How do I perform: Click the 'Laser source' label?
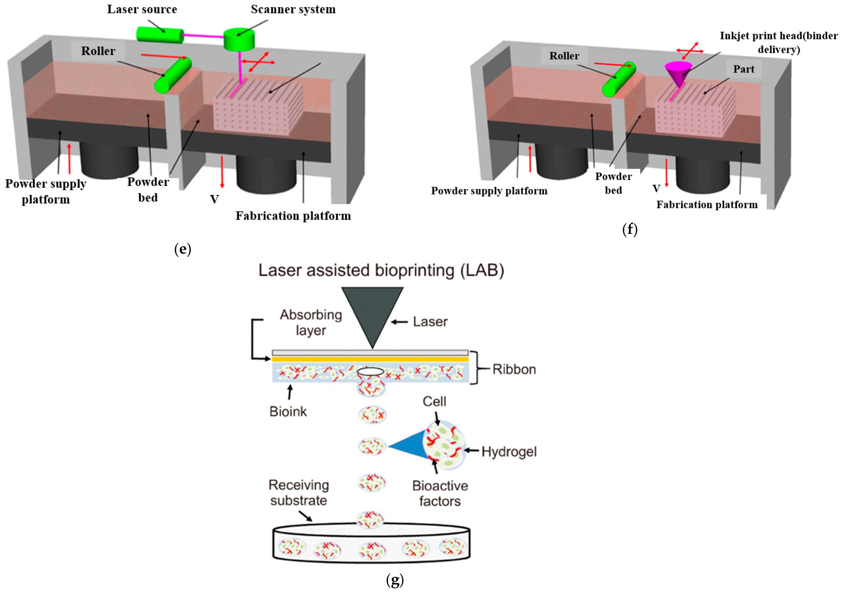point(142,9)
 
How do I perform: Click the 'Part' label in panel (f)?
point(744,69)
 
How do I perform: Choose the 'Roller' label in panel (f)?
point(564,56)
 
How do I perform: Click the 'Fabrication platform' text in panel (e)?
point(293,216)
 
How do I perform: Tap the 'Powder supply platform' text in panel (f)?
point(489,191)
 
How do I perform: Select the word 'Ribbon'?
point(514,369)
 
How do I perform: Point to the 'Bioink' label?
point(288,411)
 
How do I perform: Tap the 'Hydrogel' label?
point(509,451)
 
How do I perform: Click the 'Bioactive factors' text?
point(440,493)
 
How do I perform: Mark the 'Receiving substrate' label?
point(299,493)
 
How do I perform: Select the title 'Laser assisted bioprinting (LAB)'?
point(381,270)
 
